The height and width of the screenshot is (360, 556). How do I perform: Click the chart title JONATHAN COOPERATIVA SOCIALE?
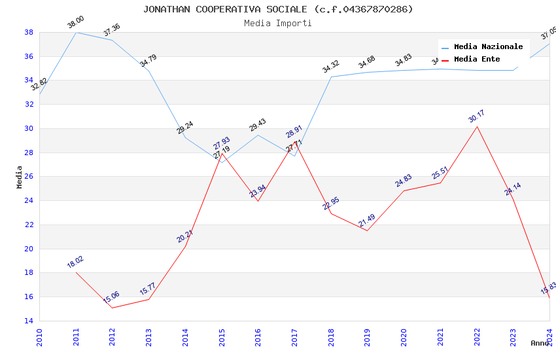click(278, 9)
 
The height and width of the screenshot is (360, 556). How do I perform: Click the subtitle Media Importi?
click(278, 23)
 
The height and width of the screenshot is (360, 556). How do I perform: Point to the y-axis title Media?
click(20, 177)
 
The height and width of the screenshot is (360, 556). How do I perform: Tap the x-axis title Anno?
click(540, 343)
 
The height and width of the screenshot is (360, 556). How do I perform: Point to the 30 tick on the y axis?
click(29, 128)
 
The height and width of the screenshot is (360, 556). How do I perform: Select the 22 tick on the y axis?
click(29, 225)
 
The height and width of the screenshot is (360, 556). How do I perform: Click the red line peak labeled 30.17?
click(477, 126)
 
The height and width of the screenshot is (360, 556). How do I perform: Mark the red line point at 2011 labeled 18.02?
click(76, 272)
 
